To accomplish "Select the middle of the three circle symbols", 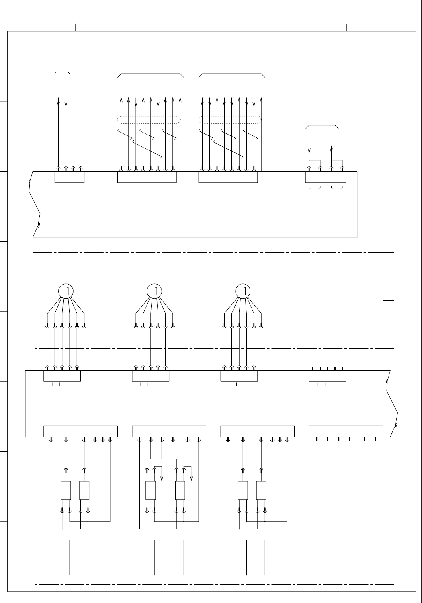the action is pyautogui.click(x=154, y=291).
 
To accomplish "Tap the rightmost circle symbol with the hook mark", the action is pyautogui.click(x=242, y=291).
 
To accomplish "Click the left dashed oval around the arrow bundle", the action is pyautogui.click(x=149, y=119).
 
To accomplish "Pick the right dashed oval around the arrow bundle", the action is pyautogui.click(x=230, y=119).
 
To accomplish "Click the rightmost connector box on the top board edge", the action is pyautogui.click(x=326, y=177).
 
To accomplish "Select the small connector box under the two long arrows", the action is pyautogui.click(x=70, y=177).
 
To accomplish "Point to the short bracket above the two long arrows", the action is pyautogui.click(x=62, y=72).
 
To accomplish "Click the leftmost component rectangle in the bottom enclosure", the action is pyautogui.click(x=66, y=490).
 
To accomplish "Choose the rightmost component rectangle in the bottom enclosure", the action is pyautogui.click(x=261, y=490).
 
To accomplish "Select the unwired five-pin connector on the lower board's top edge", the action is pyautogui.click(x=327, y=376).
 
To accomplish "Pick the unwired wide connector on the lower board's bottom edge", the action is pyautogui.click(x=346, y=431).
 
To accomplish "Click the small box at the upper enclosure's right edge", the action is pyautogui.click(x=388, y=297).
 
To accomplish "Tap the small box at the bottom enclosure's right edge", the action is pyautogui.click(x=388, y=499).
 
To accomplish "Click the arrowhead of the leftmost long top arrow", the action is pyautogui.click(x=59, y=103).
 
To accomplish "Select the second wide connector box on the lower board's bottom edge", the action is pyautogui.click(x=169, y=431).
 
